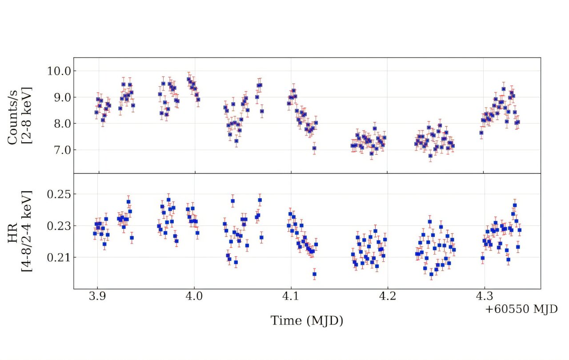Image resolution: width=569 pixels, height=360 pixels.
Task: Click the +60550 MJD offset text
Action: [x=521, y=309]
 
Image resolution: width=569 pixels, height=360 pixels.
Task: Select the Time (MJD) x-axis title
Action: [x=307, y=320]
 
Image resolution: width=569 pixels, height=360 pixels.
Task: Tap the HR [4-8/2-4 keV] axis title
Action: [x=20, y=231]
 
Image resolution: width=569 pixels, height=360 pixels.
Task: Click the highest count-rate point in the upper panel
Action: [x=188, y=80]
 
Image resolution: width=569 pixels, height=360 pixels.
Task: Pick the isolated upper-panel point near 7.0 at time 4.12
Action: [x=314, y=148]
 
